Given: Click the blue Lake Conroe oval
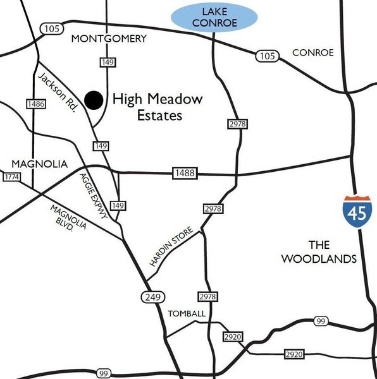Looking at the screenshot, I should (214, 17).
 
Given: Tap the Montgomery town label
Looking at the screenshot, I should (109, 39).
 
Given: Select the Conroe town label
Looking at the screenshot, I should (312, 52).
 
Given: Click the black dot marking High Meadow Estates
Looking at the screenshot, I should (94, 99).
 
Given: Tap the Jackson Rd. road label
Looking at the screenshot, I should (58, 93).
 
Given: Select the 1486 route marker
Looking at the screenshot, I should (35, 104).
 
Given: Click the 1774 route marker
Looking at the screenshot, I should (11, 177).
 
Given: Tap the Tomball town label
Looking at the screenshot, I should (186, 314).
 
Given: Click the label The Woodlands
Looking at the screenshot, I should (319, 252).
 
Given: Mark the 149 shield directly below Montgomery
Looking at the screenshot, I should (106, 61).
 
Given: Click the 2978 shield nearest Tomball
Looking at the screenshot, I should (207, 296).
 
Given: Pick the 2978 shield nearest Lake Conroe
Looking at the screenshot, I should (238, 124).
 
